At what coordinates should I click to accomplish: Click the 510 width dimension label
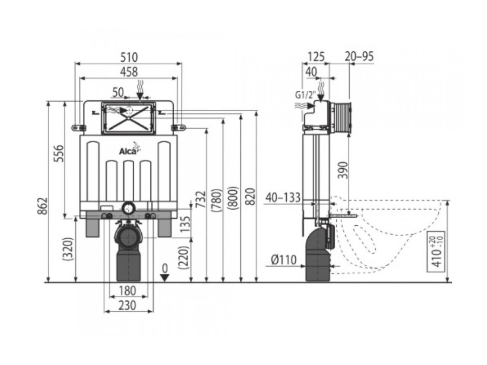point(128,57)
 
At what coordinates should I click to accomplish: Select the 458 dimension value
point(128,72)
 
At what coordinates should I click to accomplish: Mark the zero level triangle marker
point(165,278)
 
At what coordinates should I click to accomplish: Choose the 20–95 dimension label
point(359,57)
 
